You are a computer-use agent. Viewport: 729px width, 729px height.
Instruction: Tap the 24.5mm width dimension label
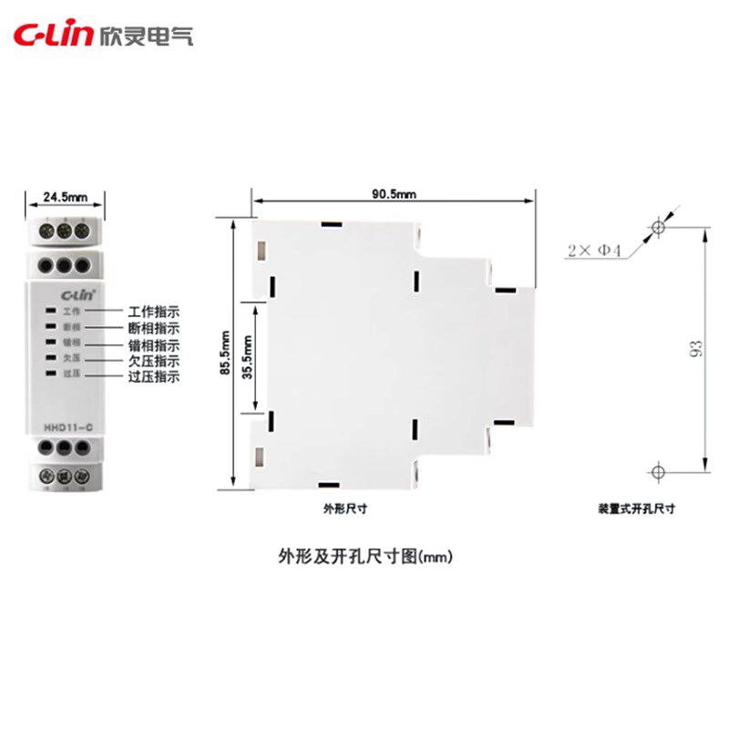[x=65, y=196]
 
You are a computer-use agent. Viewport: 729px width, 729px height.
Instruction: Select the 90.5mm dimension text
[x=394, y=193]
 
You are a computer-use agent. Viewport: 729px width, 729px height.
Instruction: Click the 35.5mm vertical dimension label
[x=247, y=354]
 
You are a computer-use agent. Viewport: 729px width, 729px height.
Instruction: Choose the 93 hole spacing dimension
[x=695, y=347]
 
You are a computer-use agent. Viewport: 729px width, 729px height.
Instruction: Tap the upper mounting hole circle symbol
[x=658, y=227]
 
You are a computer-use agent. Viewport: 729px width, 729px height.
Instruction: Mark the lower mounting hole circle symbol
[x=658, y=470]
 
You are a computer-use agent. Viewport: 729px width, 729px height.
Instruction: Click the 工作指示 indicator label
[x=154, y=312]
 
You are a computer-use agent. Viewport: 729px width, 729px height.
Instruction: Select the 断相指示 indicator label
[x=154, y=328]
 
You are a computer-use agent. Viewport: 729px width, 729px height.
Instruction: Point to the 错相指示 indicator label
[x=154, y=345]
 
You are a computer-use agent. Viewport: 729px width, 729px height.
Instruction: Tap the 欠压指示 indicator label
[x=154, y=361]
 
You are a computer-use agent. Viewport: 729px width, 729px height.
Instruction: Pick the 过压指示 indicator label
[x=154, y=376]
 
